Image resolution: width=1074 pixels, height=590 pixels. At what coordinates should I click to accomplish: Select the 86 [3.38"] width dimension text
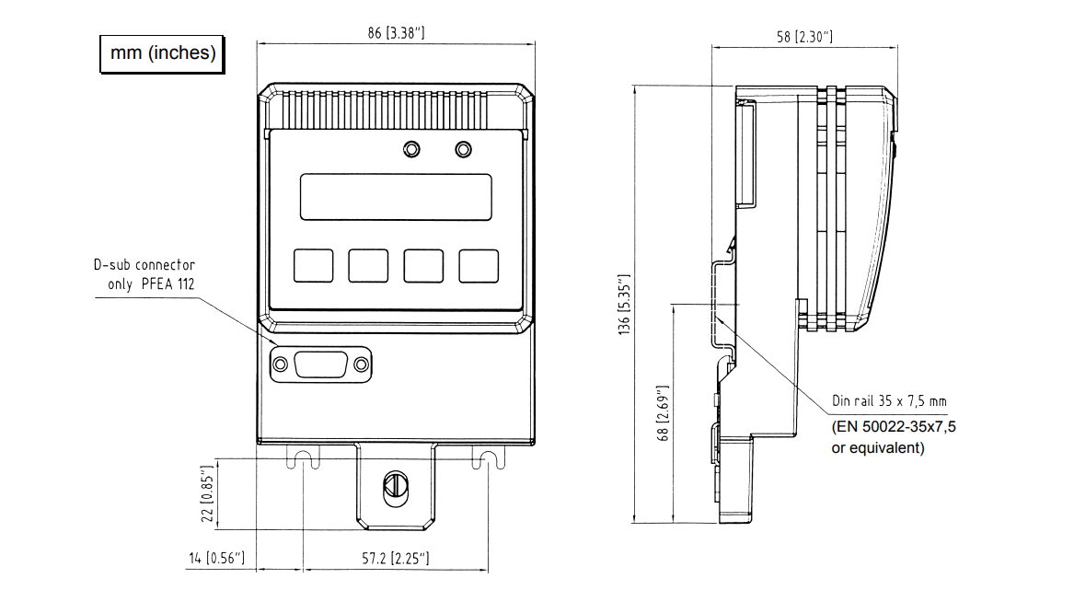395,33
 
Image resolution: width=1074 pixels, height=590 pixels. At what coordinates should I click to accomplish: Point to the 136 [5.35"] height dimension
625,303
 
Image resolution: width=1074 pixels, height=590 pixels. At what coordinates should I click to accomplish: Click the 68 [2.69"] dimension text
664,413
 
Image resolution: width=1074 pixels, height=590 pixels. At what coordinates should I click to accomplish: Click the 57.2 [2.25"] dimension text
395,559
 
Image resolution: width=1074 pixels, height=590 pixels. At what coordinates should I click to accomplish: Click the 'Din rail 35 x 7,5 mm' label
889,401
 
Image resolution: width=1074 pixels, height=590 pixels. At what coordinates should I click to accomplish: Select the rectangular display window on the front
395,196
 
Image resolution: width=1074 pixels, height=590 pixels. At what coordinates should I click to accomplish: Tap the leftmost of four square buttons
313,265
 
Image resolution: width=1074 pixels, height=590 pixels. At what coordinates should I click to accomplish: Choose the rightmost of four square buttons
479,265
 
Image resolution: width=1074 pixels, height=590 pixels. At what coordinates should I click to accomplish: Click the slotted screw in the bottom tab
395,485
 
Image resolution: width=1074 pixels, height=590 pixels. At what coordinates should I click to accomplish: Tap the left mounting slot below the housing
305,457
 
